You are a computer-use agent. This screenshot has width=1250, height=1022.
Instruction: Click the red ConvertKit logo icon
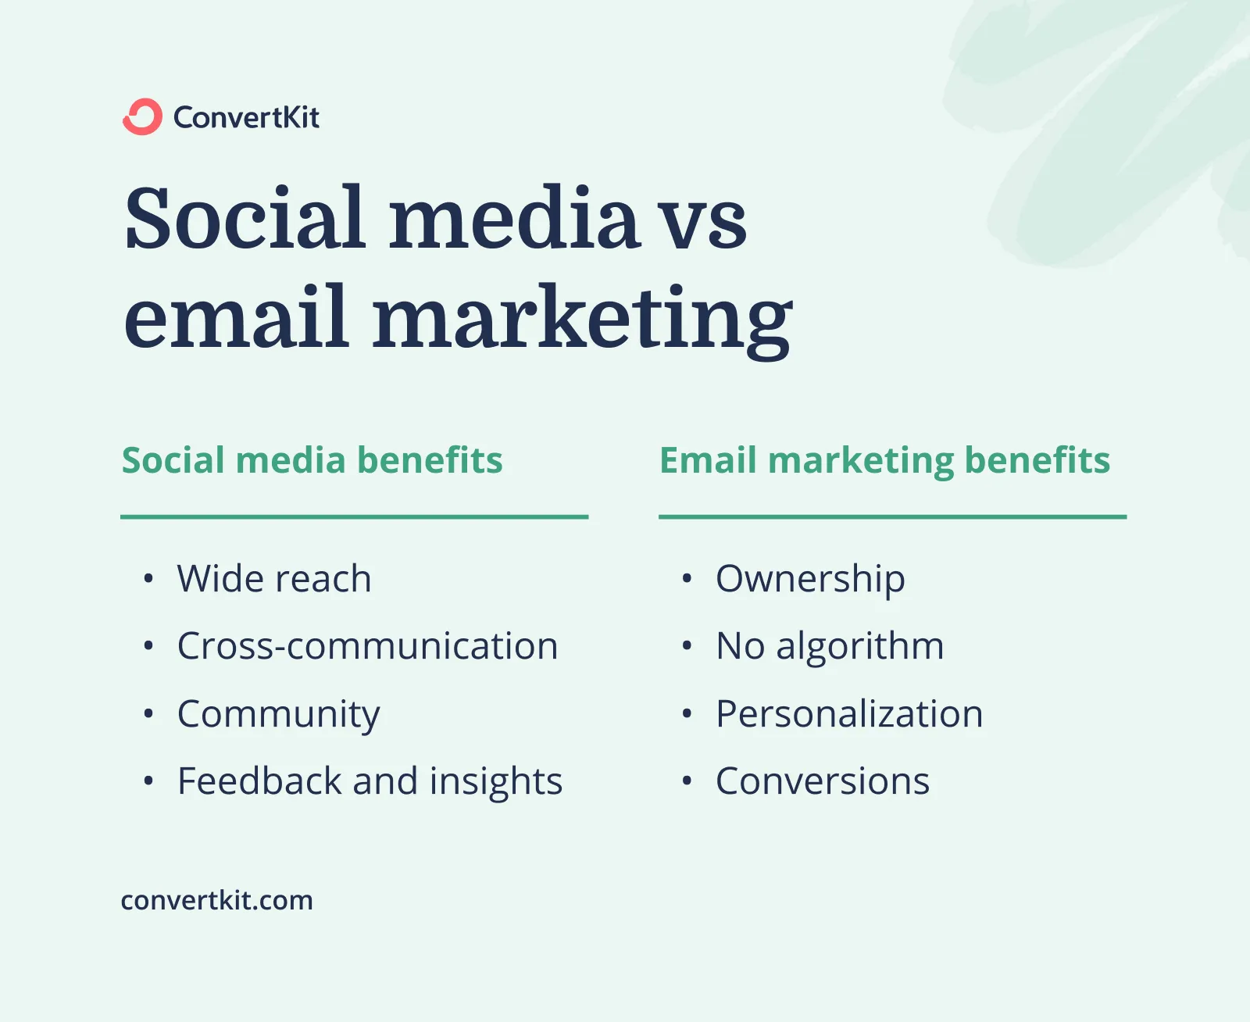click(x=142, y=117)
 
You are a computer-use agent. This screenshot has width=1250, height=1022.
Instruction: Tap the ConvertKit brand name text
click(x=246, y=118)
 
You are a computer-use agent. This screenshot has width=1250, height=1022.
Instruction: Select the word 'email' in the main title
click(x=235, y=317)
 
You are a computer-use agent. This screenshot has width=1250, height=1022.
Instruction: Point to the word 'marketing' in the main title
click(x=582, y=320)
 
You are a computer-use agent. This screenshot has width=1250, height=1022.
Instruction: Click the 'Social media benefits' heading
click(x=312, y=460)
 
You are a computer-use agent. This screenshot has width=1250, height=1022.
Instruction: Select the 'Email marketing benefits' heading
click(x=884, y=460)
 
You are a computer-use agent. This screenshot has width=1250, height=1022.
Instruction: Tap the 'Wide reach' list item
click(x=274, y=579)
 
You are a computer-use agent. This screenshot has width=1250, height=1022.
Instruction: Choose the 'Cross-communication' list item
click(x=367, y=646)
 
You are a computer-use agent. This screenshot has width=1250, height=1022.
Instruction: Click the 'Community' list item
click(x=279, y=714)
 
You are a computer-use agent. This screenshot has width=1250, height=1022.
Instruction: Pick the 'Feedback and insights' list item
click(x=370, y=781)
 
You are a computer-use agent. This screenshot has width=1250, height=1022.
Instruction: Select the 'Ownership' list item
click(x=810, y=579)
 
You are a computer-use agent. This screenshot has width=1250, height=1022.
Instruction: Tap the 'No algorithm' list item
click(x=830, y=646)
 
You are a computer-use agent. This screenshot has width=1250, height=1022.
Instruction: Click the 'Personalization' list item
click(x=849, y=714)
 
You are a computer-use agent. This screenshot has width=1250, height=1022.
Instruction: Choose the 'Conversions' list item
click(x=823, y=781)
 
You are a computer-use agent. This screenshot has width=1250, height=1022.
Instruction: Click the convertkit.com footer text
click(x=216, y=900)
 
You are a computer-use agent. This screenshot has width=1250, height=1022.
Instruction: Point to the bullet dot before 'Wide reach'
click(x=148, y=579)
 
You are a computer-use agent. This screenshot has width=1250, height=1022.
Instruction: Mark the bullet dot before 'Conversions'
click(x=687, y=781)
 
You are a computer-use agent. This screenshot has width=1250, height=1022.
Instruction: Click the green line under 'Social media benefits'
click(x=354, y=516)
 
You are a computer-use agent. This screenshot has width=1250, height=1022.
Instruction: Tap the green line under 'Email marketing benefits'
click(x=892, y=516)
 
